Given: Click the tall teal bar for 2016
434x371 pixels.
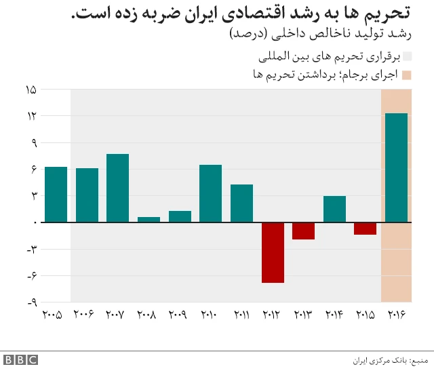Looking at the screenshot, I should click(x=396, y=168).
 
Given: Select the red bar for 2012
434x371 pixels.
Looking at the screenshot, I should click(x=273, y=252).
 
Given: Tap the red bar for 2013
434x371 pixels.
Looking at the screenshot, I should click(x=303, y=231).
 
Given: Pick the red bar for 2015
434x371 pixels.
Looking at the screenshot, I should click(x=365, y=229).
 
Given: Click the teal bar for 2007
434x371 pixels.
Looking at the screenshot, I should click(x=117, y=188).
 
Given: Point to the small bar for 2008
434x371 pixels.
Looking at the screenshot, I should click(x=149, y=219).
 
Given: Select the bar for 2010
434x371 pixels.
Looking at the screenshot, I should click(x=210, y=193).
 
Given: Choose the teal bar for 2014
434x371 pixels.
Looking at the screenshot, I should click(x=334, y=209).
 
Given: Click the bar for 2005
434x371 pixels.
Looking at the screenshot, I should click(x=56, y=195).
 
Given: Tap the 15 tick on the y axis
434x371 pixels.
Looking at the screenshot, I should click(x=31, y=90).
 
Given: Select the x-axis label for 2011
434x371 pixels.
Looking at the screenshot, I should click(x=241, y=315).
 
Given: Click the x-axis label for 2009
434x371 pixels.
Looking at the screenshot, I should click(x=179, y=315).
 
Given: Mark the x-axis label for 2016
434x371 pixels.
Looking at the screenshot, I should click(x=396, y=315).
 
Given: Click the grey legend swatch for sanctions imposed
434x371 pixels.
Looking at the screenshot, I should click(x=407, y=56).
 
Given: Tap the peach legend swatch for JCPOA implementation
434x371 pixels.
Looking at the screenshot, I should click(x=407, y=75).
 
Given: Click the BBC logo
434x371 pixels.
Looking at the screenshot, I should click(x=20, y=359).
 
